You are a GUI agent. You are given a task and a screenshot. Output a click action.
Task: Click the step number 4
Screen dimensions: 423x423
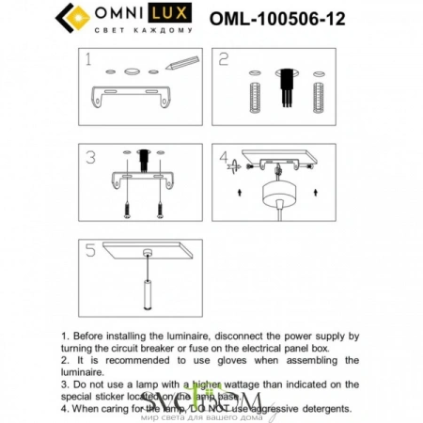point(223,157)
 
